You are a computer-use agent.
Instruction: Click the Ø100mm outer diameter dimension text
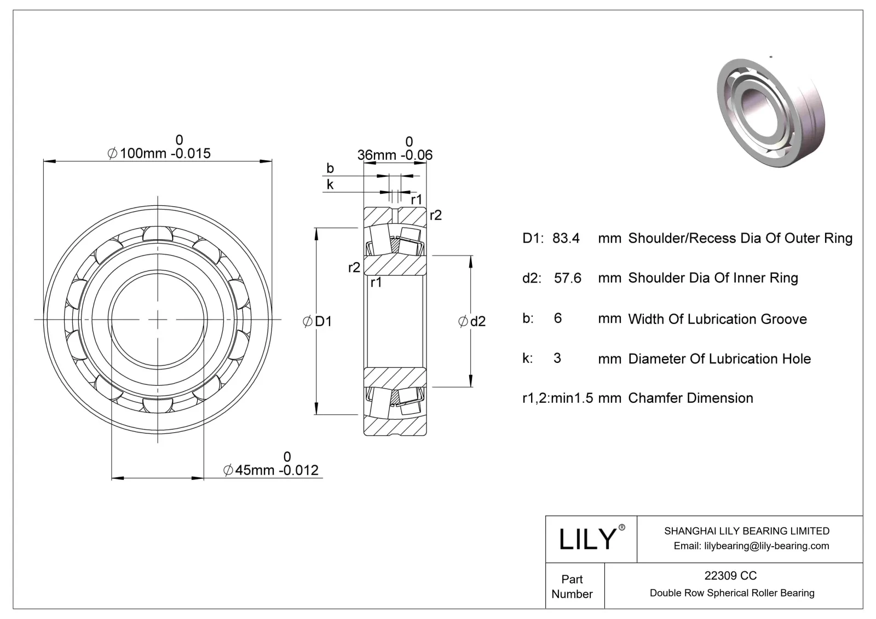[159, 153]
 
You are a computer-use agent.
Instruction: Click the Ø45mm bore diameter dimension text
[271, 470]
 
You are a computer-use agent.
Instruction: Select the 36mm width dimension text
[395, 155]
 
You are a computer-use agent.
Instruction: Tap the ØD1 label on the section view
[318, 321]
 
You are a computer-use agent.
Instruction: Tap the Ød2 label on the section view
[472, 321]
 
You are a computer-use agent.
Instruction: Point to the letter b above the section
[330, 169]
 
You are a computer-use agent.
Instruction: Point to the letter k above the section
[330, 184]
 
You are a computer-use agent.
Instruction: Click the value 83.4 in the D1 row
[566, 238]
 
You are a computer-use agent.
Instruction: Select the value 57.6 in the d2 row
[568, 278]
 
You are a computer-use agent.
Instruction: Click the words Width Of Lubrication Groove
[717, 319]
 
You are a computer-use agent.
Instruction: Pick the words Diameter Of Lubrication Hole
[719, 359]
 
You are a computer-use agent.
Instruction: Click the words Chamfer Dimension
[690, 398]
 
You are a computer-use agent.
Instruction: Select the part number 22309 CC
[731, 575]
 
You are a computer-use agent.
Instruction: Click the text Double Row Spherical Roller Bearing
[731, 593]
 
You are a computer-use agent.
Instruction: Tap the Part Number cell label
[572, 586]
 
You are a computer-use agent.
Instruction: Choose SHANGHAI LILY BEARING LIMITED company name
[746, 531]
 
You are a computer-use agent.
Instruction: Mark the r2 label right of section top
[435, 215]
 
